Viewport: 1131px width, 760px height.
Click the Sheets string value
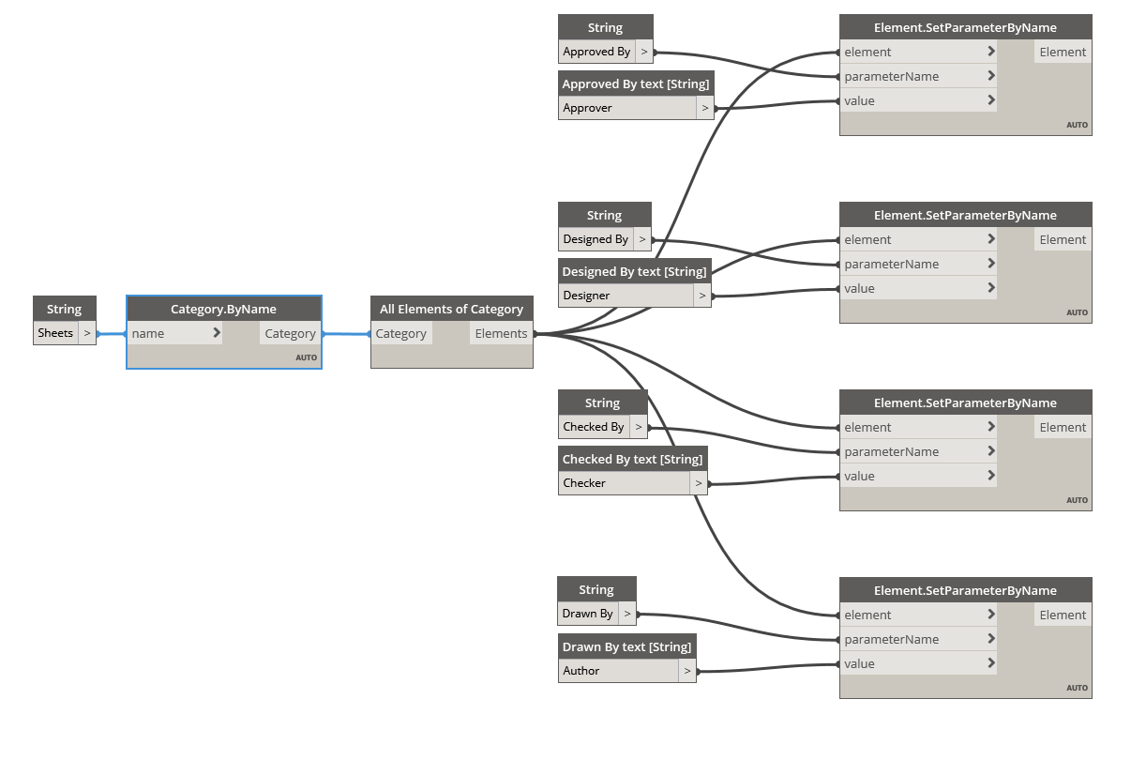55,333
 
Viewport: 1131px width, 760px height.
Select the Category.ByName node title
223,309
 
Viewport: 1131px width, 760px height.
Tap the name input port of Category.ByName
148,333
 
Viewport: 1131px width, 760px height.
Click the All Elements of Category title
451,309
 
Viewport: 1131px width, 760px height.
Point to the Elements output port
501,333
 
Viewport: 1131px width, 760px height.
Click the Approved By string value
596,52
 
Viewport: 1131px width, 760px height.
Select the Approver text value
588,108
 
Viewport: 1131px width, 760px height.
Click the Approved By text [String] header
635,84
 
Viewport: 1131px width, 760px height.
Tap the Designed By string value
596,239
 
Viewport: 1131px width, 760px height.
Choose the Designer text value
586,296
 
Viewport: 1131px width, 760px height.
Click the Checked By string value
594,427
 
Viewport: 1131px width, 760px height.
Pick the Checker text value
584,483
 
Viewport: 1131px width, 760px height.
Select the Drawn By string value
588,614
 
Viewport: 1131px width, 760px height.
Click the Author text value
581,671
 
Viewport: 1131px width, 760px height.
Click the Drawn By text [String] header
626,646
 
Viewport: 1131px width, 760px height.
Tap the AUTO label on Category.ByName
306,357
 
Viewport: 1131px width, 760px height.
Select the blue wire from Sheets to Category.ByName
112,334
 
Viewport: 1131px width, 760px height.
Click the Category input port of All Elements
400,333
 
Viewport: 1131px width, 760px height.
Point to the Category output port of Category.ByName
290,333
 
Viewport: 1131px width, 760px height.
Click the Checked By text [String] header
632,459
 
